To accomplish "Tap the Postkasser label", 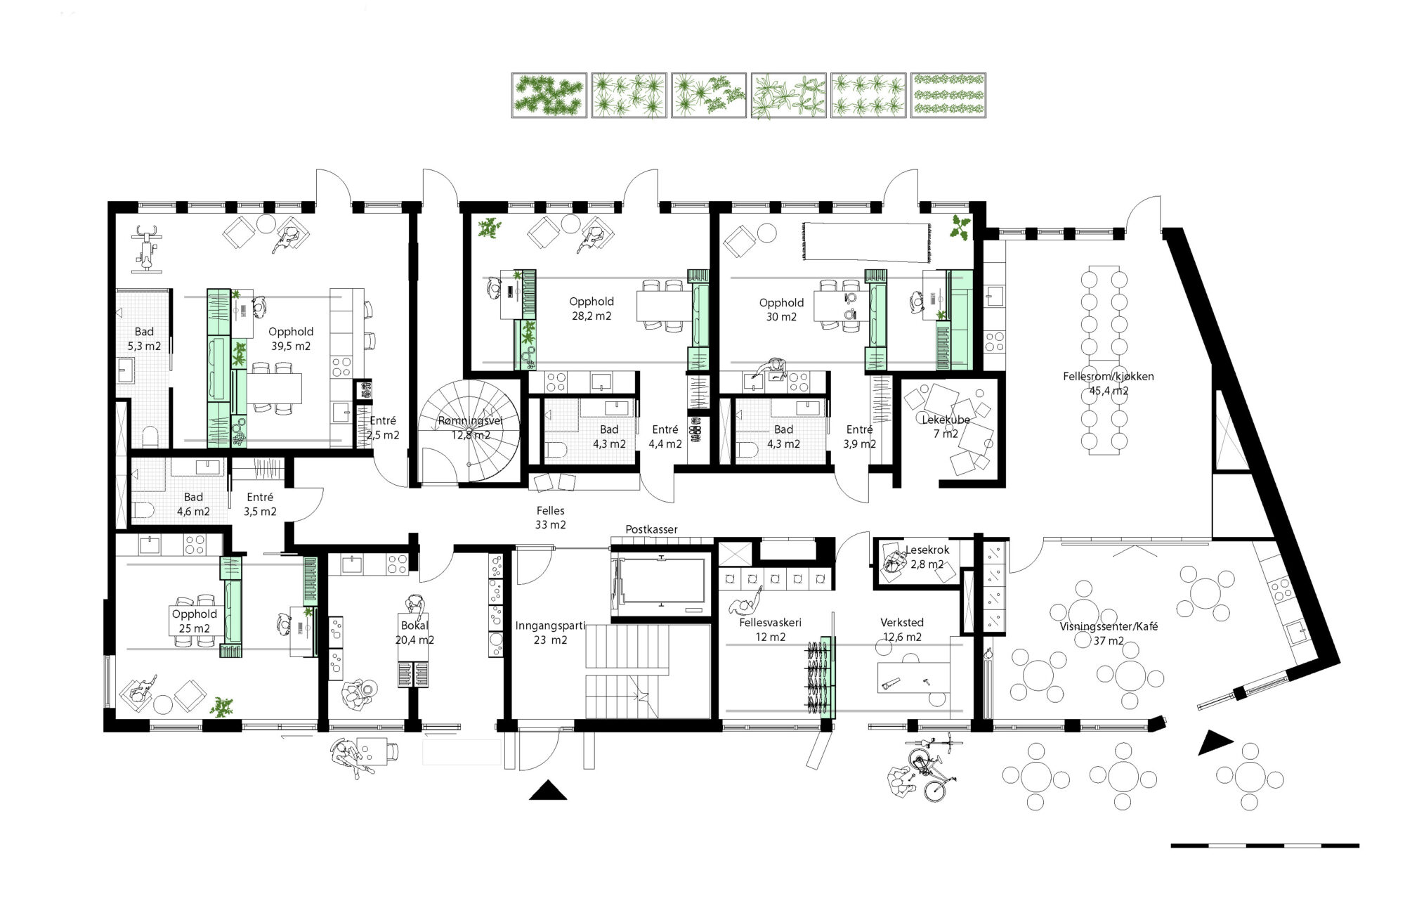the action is pyautogui.click(x=651, y=529).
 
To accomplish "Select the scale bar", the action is pyautogui.click(x=1264, y=846).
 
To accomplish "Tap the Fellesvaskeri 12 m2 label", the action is pyautogui.click(x=770, y=630).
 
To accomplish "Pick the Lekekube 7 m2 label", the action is pyautogui.click(x=946, y=427).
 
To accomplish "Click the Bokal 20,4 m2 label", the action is pyautogui.click(x=414, y=633).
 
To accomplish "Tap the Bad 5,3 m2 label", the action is pyautogui.click(x=144, y=339).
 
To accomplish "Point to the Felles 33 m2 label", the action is pyautogui.click(x=551, y=518).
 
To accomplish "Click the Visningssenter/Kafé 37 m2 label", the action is pyautogui.click(x=1109, y=633).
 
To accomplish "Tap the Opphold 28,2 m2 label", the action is pyautogui.click(x=592, y=309).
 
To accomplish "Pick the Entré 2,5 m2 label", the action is pyautogui.click(x=383, y=428).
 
